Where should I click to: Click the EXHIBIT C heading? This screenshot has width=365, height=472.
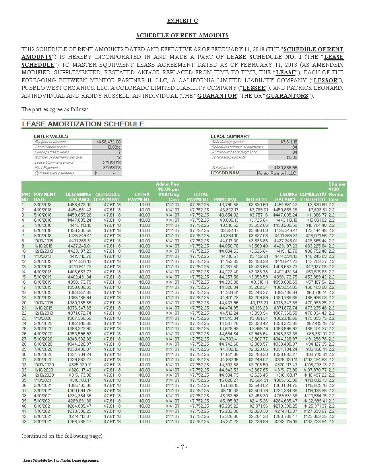pyautogui.click(x=182, y=21)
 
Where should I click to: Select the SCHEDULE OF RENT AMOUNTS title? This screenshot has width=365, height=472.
pyautogui.click(x=182, y=35)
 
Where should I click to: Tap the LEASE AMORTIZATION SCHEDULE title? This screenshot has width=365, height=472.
pyautogui.click(x=83, y=124)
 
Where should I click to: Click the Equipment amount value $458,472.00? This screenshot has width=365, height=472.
pyautogui.click(x=109, y=142)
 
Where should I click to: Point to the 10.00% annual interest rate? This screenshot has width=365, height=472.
pyautogui.click(x=113, y=147)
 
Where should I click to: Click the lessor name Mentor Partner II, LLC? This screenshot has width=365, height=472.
pyautogui.click(x=276, y=173)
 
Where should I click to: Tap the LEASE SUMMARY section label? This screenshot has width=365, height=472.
pyautogui.click(x=230, y=136)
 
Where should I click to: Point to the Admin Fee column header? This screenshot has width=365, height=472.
pyautogui.click(x=167, y=192)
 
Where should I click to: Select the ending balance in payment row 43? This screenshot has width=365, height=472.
pyautogui.click(x=285, y=422)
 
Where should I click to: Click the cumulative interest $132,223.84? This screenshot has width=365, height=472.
pyautogui.click(x=316, y=422)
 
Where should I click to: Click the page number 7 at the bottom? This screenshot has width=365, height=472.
pyautogui.click(x=182, y=447)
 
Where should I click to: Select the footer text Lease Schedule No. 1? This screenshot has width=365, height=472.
pyautogui.click(x=61, y=460)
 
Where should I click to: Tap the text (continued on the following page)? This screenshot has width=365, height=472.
pyautogui.click(x=62, y=436)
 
